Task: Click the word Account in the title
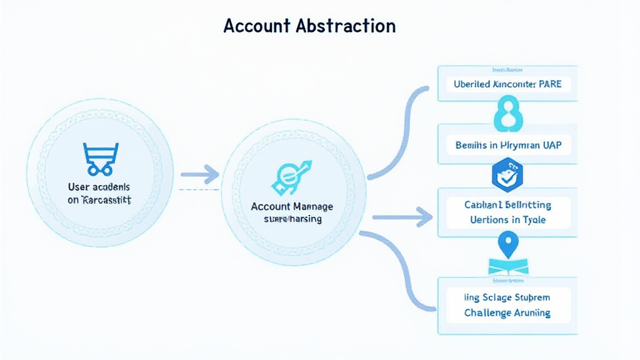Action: click(x=256, y=26)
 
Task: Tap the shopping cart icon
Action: click(x=100, y=158)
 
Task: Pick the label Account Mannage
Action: click(x=292, y=206)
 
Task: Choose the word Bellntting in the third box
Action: click(x=525, y=204)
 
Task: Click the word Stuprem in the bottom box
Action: click(x=529, y=297)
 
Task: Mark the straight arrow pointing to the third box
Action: click(x=403, y=217)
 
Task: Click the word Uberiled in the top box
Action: click(x=472, y=84)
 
